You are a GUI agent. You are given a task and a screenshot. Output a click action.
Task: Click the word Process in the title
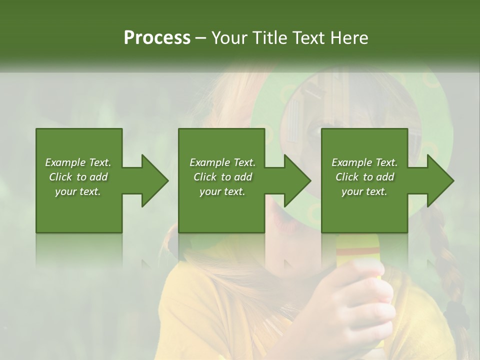pos(157,38)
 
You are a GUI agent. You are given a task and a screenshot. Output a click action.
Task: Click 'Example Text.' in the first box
pos(78,162)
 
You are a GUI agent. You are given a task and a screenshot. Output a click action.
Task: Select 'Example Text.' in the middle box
pos(222,162)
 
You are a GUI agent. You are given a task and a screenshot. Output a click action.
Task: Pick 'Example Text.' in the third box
pos(364,162)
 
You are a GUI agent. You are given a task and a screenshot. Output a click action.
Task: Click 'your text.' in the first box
pos(78,191)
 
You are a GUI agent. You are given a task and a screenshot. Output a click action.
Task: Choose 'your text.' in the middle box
pos(222,191)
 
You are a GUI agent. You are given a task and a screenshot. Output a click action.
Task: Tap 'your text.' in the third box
pos(364,191)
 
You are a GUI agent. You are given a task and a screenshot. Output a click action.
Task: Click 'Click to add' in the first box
pos(78,177)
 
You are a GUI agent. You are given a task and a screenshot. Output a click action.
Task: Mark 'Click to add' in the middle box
pos(222,177)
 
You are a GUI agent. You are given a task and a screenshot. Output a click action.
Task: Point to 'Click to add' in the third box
pos(364,177)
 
